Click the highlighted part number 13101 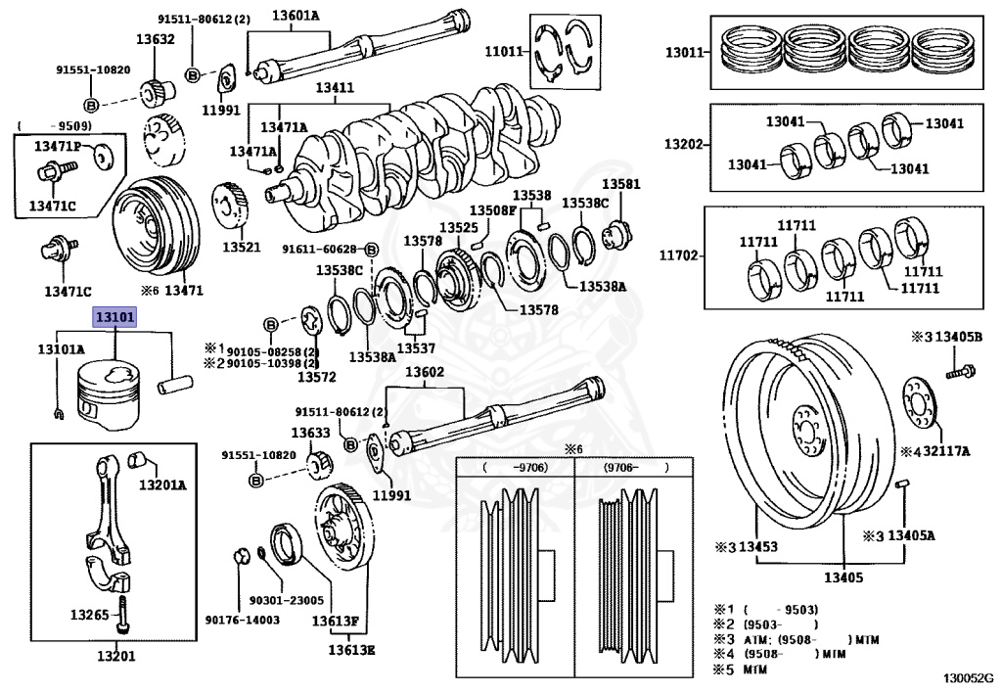115,317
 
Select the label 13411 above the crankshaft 334,88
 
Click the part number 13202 685,144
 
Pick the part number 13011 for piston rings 685,50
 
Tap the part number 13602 425,372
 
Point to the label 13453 756,546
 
